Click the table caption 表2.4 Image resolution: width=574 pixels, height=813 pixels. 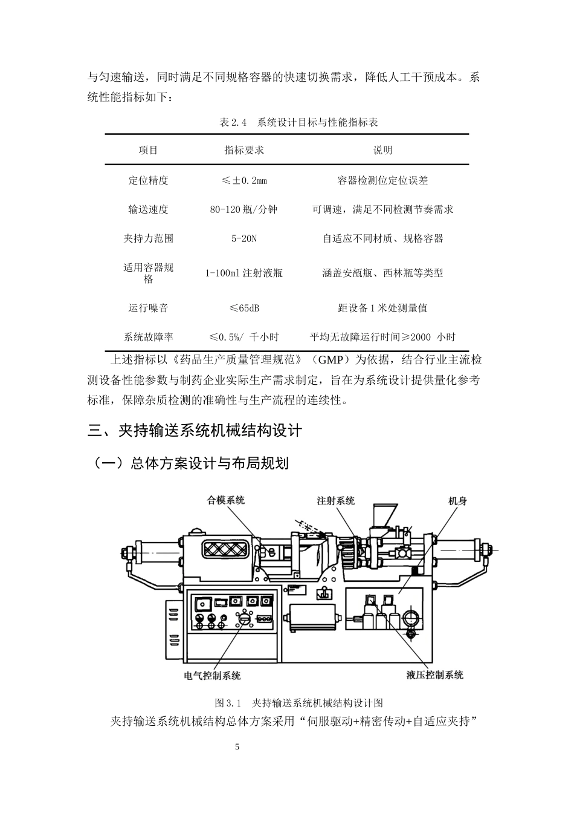[x=233, y=122]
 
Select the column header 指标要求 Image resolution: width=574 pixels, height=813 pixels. [x=244, y=150]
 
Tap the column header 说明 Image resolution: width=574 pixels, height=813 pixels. [x=382, y=150]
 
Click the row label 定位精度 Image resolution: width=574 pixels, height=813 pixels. [x=148, y=180]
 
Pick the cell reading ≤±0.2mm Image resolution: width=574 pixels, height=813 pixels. [x=244, y=180]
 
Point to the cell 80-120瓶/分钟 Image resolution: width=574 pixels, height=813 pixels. [x=243, y=209]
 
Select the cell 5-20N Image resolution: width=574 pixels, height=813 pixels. [x=244, y=238]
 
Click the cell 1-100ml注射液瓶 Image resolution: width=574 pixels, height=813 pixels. [x=243, y=273]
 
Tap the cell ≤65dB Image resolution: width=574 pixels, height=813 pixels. [x=244, y=308]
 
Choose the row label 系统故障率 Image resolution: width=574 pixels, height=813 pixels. [x=148, y=337]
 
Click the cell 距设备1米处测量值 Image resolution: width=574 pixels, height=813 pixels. [x=382, y=308]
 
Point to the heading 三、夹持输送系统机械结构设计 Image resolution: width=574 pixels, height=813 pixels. [x=195, y=431]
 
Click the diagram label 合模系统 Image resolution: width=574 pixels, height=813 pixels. [x=225, y=500]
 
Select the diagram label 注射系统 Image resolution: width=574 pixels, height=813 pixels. [x=336, y=501]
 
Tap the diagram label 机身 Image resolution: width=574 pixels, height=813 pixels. [x=457, y=501]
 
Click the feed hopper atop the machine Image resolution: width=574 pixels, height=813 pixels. [x=384, y=515]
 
